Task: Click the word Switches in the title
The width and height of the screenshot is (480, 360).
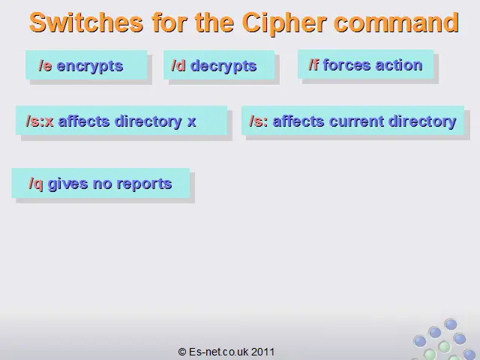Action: pos(86,22)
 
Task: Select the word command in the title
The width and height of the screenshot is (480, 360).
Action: pos(397,22)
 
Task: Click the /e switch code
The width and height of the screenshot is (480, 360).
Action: pos(45,66)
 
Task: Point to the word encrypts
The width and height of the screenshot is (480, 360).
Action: pos(90,67)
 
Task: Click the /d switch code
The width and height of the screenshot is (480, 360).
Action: pos(178,65)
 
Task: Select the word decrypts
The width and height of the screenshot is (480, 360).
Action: pos(223,67)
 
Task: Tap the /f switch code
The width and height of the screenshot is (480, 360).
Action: pos(313,65)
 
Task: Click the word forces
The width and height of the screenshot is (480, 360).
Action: pos(346,65)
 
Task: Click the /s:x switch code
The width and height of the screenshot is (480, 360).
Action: pos(40,121)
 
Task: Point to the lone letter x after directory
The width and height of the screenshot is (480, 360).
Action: pos(192,122)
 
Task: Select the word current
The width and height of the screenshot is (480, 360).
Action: pos(357,121)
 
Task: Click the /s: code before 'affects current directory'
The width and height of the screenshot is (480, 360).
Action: pos(259,121)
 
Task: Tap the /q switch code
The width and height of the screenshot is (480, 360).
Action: pos(36,184)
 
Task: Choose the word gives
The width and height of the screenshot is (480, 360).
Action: pos(68,184)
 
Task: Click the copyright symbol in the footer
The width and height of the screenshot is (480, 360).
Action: pos(182,352)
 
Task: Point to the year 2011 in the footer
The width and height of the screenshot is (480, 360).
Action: pos(263,352)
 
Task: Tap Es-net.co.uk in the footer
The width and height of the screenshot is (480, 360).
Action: pos(218,352)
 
